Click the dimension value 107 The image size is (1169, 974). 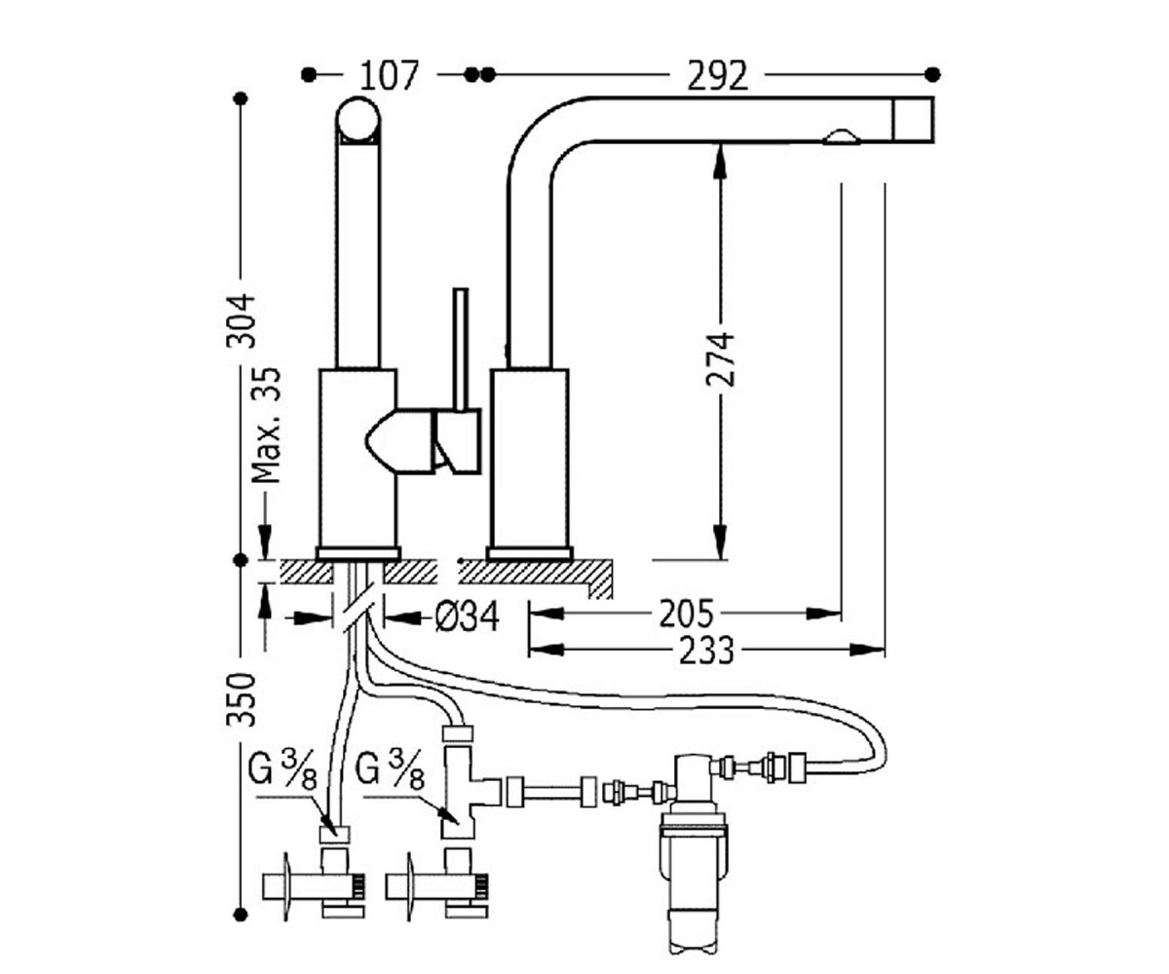click(x=389, y=76)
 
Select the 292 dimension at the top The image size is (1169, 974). click(x=718, y=76)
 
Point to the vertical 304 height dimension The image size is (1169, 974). click(x=242, y=320)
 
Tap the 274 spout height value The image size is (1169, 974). click(x=720, y=360)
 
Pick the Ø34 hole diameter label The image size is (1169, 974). click(x=467, y=617)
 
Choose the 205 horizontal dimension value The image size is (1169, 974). click(x=687, y=614)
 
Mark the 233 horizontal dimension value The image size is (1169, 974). click(x=706, y=651)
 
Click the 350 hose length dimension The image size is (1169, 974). click(x=242, y=699)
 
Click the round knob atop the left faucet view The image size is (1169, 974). click(x=358, y=120)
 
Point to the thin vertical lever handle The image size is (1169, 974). click(x=461, y=351)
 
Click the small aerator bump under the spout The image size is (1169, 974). click(x=841, y=137)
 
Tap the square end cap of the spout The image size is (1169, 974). click(x=913, y=119)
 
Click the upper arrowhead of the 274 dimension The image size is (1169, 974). click(x=720, y=163)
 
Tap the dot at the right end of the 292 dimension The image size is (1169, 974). click(x=932, y=74)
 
